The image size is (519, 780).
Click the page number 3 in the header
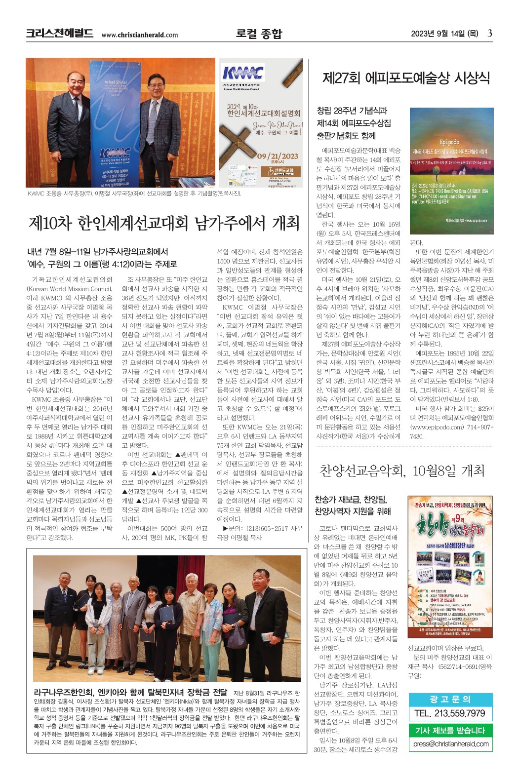point(489,33)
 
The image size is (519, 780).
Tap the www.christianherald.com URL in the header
point(139,35)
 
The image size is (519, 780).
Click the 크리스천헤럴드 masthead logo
point(60,33)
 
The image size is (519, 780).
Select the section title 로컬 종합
point(259,33)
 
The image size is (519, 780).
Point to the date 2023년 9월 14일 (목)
point(444,34)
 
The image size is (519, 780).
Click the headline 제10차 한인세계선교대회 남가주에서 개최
point(164,223)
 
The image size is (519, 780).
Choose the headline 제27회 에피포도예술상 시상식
point(406,78)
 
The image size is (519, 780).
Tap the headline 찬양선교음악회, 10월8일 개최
point(402,470)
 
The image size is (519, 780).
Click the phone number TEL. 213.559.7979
point(450,713)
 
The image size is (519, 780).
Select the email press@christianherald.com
point(450,744)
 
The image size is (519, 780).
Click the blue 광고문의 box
point(450,699)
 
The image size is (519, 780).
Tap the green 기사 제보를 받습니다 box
point(450,730)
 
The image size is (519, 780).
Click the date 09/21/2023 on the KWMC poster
point(278,156)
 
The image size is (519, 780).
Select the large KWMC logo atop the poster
point(242,73)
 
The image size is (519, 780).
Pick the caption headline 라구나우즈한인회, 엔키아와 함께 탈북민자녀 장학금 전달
point(130,692)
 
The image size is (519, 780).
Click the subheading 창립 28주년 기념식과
point(352,111)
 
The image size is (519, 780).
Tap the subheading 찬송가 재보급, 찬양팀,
point(351,499)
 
